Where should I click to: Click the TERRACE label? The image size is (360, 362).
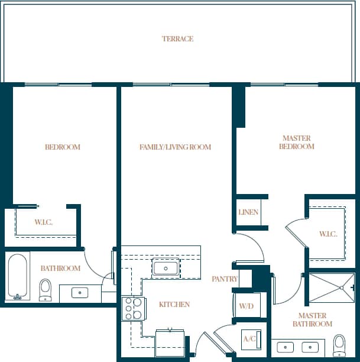click(x=177, y=39)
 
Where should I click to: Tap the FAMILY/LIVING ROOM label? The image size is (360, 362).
click(x=175, y=147)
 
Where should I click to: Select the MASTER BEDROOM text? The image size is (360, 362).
click(x=296, y=143)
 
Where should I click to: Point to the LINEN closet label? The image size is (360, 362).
click(x=248, y=212)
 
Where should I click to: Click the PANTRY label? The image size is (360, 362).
click(x=225, y=279)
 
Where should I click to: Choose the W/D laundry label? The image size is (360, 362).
click(x=246, y=306)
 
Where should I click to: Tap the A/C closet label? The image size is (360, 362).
click(x=249, y=339)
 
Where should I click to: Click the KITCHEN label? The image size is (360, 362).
click(x=174, y=305)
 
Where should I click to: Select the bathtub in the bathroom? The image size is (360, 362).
click(x=18, y=276)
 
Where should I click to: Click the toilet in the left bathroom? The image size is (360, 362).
click(x=46, y=289)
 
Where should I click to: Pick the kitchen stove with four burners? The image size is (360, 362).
click(x=134, y=308)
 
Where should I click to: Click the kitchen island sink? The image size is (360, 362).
click(x=165, y=268)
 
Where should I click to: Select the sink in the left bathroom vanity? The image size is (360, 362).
click(x=79, y=292)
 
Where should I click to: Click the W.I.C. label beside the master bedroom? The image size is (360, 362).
click(x=328, y=234)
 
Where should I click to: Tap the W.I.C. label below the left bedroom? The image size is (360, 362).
click(x=43, y=222)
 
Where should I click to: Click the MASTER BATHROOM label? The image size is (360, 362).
click(x=314, y=320)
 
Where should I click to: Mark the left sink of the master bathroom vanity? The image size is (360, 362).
click(x=286, y=347)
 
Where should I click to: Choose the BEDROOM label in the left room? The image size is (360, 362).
click(x=63, y=147)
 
